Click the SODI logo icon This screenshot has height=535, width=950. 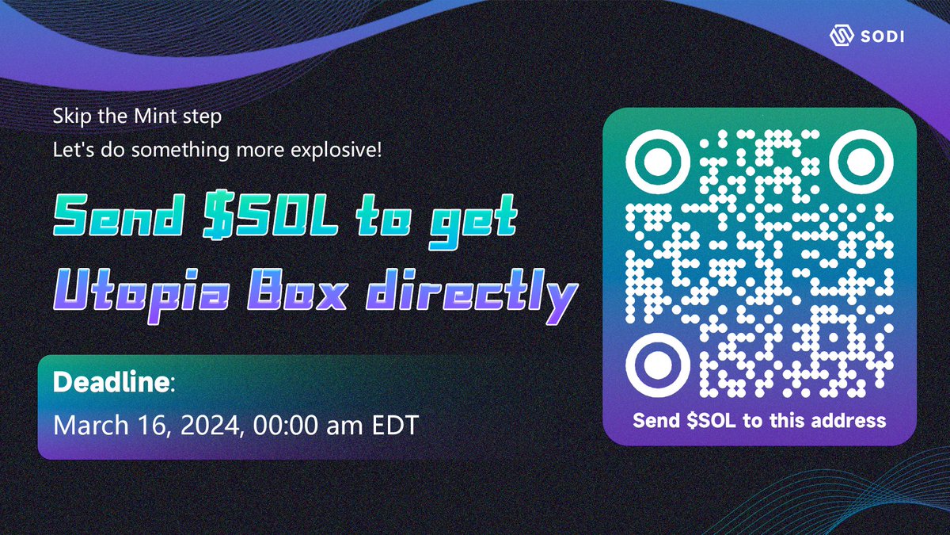pyautogui.click(x=840, y=36)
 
